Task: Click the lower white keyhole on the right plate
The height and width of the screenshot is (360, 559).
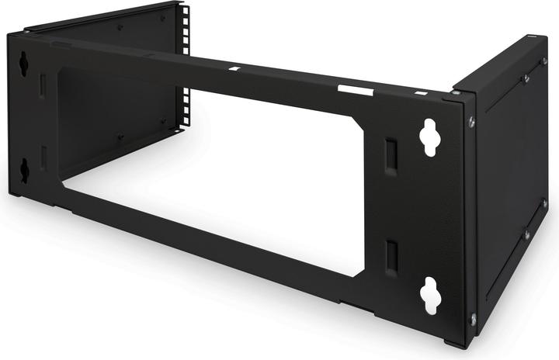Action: pyautogui.click(x=430, y=296)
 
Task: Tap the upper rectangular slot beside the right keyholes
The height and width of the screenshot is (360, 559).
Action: pyautogui.click(x=391, y=155)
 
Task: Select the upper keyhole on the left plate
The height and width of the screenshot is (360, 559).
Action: pyautogui.click(x=23, y=64)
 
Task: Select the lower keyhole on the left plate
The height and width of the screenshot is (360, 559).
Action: pyautogui.click(x=24, y=170)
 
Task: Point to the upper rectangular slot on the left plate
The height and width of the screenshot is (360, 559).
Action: pyautogui.click(x=43, y=85)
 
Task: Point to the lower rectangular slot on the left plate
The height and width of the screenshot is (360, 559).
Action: pyautogui.click(x=44, y=157)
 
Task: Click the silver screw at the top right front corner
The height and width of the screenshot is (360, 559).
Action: pyautogui.click(x=471, y=121)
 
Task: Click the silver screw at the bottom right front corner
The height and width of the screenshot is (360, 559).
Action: pyautogui.click(x=473, y=317)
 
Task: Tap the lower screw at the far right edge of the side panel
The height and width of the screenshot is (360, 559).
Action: pyautogui.click(x=544, y=204)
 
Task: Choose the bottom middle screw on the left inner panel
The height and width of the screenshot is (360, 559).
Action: pyautogui.click(x=120, y=137)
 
